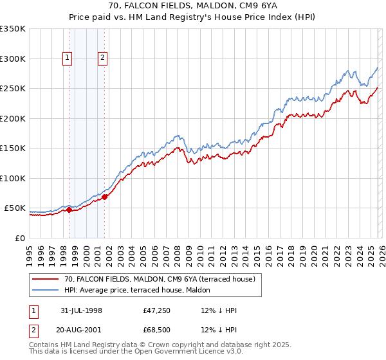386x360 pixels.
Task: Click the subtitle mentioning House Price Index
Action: (x=193, y=18)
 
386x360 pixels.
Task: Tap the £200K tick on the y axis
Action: (x=13, y=118)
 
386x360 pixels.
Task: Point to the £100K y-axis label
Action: (x=13, y=178)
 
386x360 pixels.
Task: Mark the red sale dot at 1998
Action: (x=69, y=210)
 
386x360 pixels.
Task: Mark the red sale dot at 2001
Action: (x=104, y=197)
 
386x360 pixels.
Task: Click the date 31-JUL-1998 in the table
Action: (x=82, y=310)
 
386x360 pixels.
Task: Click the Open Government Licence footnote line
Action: (x=136, y=352)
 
